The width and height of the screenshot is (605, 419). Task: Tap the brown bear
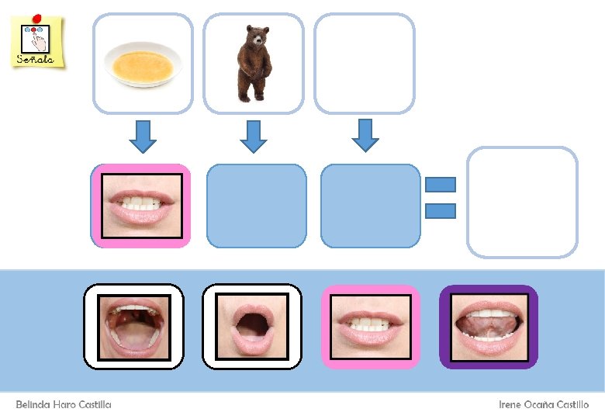tap(251, 64)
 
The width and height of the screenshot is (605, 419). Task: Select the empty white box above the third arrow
tap(364, 64)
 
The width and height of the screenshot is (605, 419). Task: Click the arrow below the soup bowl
tap(143, 136)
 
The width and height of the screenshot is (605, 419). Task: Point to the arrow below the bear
tap(254, 136)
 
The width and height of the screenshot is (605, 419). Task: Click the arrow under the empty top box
tap(365, 134)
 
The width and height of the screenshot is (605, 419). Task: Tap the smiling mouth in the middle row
tap(141, 206)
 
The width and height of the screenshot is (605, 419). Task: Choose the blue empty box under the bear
tap(257, 206)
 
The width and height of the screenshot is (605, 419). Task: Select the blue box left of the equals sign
tap(371, 206)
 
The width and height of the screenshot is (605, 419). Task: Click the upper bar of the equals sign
tap(441, 185)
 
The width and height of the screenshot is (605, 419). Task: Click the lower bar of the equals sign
tap(441, 210)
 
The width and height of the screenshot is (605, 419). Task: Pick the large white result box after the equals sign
tap(522, 202)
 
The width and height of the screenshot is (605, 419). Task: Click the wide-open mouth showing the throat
tap(133, 327)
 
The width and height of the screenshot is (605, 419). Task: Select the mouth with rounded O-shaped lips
tap(252, 327)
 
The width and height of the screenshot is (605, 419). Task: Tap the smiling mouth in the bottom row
tap(371, 327)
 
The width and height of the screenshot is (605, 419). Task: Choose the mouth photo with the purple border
tap(489, 327)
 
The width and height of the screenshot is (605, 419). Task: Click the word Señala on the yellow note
tap(36, 59)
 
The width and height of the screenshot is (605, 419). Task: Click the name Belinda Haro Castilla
tap(64, 405)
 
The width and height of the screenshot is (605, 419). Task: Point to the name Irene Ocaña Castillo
tap(543, 405)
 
